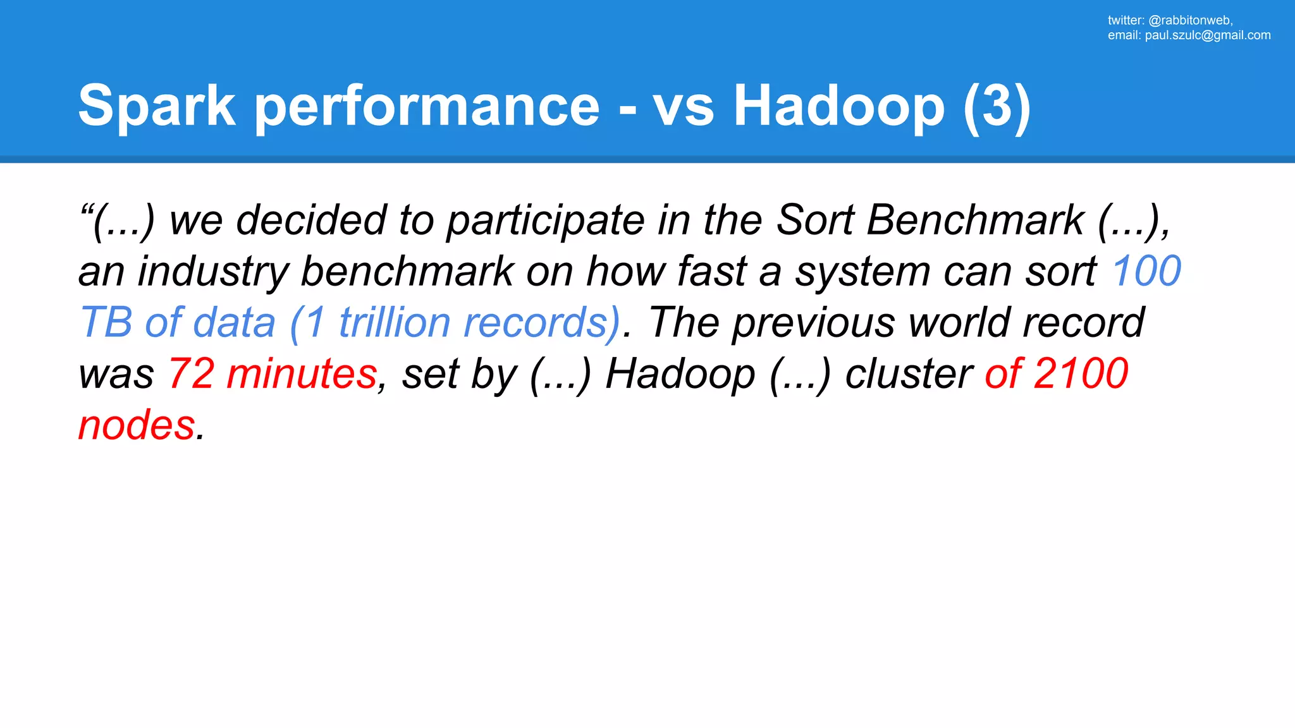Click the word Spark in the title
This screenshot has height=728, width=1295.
(x=157, y=106)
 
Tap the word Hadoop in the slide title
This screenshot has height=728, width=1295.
(x=838, y=106)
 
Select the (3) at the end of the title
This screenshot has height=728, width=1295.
(x=997, y=106)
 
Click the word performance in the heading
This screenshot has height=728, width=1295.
(x=427, y=106)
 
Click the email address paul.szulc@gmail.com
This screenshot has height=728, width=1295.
(x=1208, y=35)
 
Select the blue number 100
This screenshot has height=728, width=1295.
(x=1146, y=271)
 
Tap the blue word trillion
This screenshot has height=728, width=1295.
(x=394, y=322)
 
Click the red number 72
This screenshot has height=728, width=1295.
(x=191, y=373)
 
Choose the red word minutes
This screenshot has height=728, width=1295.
(x=302, y=373)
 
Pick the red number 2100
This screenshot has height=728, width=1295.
(x=1081, y=373)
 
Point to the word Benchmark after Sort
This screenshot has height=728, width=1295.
(x=975, y=220)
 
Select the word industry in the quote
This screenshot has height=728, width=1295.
(x=213, y=271)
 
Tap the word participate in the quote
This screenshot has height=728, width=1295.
(x=545, y=220)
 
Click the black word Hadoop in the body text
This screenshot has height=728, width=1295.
(x=680, y=373)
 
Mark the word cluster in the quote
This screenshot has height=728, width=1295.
(x=909, y=373)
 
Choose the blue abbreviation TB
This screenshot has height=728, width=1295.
(x=106, y=322)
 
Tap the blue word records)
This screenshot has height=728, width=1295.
(x=542, y=322)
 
